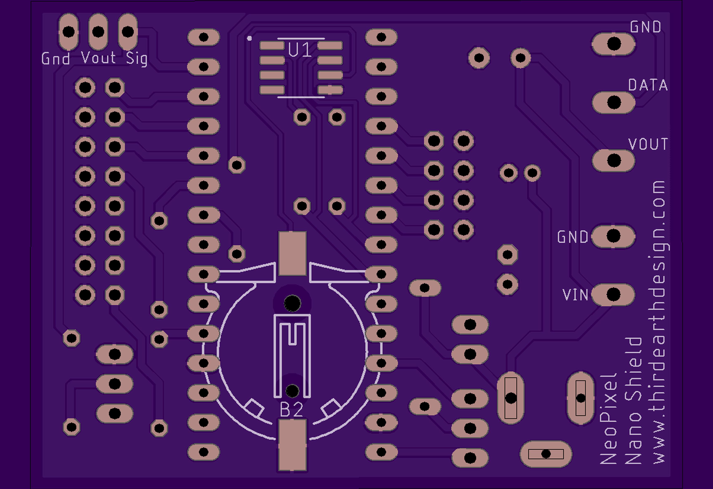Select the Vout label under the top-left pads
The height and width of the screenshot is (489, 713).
[98, 58]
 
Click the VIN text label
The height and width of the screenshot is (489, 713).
[575, 295]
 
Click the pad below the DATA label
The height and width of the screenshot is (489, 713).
[613, 102]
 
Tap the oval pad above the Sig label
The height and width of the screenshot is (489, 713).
[128, 32]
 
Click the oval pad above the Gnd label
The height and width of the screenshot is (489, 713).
[68, 32]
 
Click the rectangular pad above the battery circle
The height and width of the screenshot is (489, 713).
[292, 253]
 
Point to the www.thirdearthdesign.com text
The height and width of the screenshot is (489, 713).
[659, 323]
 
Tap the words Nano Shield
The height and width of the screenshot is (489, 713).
[633, 401]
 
